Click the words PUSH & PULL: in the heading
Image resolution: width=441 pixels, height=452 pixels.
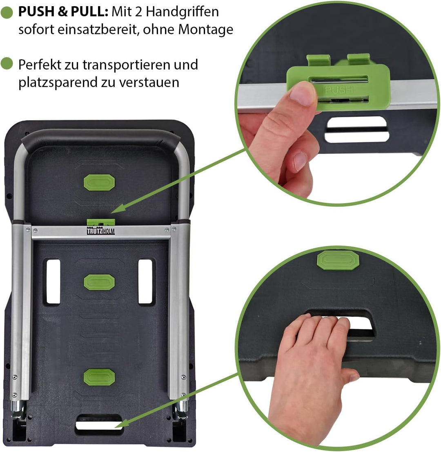click(63, 11)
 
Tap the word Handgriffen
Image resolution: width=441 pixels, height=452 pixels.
click(183, 11)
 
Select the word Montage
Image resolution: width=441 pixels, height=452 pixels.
click(206, 29)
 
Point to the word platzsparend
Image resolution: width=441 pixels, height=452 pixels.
click(57, 83)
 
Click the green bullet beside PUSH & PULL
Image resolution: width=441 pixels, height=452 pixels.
click(7, 12)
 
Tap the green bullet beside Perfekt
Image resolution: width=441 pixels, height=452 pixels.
click(7, 63)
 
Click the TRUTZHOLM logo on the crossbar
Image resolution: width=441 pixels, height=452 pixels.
click(101, 231)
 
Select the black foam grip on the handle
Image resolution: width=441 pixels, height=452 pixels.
click(101, 139)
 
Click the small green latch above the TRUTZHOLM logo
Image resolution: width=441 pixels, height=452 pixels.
click(101, 222)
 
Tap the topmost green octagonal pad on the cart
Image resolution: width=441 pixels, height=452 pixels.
click(99, 182)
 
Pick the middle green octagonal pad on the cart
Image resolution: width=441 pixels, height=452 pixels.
click(99, 282)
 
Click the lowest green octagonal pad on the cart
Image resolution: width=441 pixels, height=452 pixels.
click(99, 377)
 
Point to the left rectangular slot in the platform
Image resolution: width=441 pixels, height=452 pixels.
click(53, 281)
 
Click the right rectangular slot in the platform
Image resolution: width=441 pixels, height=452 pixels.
click(145, 281)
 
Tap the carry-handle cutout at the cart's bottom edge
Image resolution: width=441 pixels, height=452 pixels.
click(99, 425)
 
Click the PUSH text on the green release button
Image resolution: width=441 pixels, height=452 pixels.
click(339, 90)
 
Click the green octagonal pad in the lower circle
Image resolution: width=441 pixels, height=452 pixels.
click(338, 260)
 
